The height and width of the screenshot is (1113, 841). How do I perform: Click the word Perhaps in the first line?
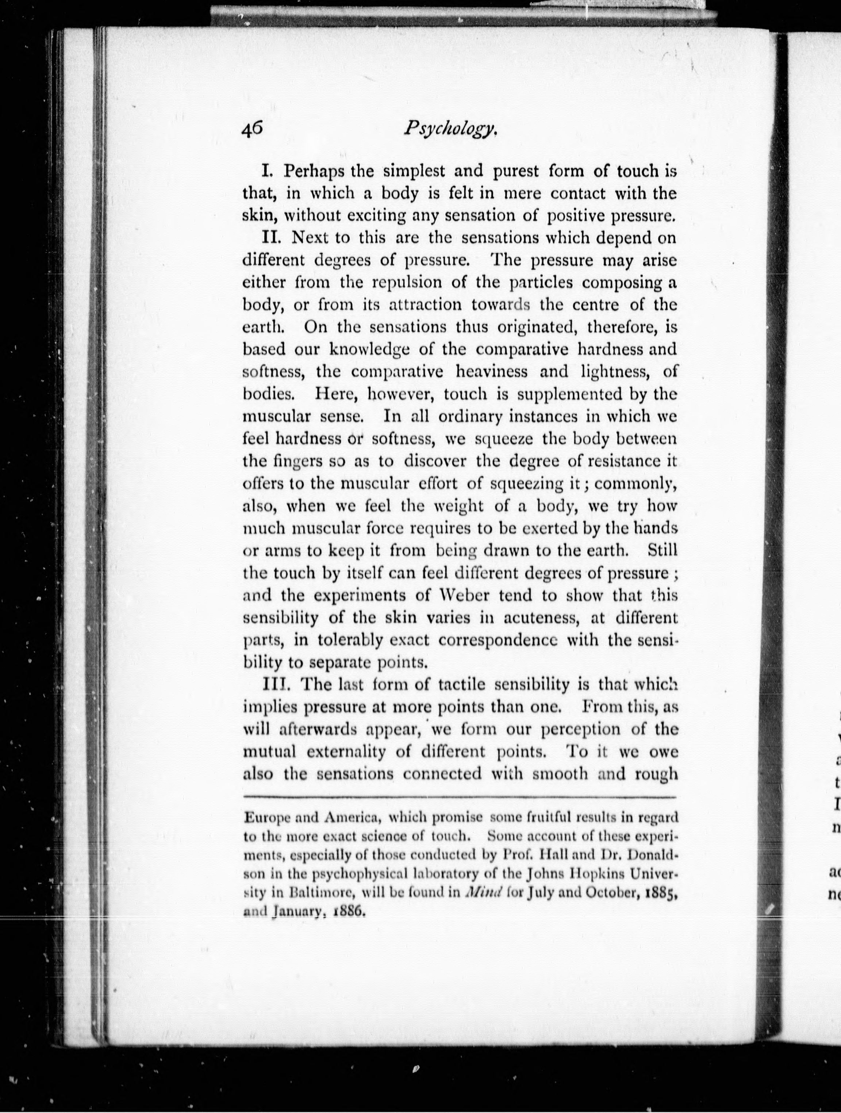pos(314,172)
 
